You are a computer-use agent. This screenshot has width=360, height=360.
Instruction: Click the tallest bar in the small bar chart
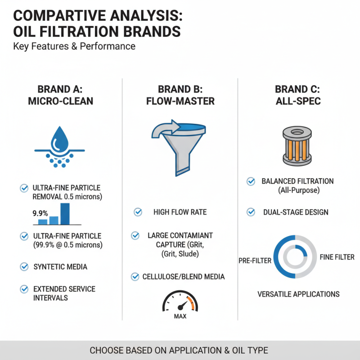point(65,213)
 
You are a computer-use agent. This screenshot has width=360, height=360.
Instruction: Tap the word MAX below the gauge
point(180,316)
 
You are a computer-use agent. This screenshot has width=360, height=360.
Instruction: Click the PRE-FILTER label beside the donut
point(255,261)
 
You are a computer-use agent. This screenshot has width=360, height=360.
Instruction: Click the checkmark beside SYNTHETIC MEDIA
point(24,267)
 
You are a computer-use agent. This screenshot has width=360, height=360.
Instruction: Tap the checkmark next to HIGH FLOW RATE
point(138,211)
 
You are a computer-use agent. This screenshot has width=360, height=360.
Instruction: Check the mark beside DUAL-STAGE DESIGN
point(252,211)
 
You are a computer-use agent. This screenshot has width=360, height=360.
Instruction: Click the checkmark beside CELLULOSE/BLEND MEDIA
point(135,276)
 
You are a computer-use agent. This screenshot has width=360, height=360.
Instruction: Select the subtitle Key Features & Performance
point(74,46)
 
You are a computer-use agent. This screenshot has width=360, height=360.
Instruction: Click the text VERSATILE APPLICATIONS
point(298,294)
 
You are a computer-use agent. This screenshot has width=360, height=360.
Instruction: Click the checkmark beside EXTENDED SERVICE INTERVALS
point(24,288)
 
